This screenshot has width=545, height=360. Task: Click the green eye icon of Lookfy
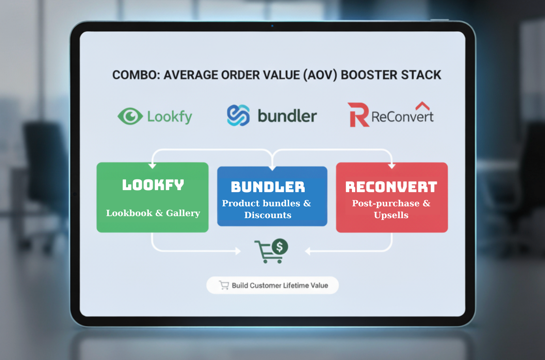point(130,116)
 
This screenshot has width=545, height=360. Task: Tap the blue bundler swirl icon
point(238,115)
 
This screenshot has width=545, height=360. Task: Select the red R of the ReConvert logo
point(358,115)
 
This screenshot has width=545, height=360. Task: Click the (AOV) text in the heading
point(320,75)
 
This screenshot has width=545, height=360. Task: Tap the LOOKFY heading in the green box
point(153,185)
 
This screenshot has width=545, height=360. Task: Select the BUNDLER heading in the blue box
point(268,187)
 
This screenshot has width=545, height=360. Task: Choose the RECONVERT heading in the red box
point(391,187)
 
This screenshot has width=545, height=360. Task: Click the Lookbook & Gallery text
point(153,213)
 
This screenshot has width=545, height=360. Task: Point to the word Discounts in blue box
point(268,215)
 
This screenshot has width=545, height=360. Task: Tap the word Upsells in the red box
point(391,215)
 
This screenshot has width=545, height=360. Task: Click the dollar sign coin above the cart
point(280,247)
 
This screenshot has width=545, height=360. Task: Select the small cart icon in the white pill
point(224,285)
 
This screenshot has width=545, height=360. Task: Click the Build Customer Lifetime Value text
point(280,285)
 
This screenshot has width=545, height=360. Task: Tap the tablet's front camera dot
point(272,26)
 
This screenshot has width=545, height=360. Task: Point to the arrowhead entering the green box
point(152,166)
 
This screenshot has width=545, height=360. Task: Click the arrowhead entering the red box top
point(392,166)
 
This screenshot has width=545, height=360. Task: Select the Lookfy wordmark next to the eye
point(170,117)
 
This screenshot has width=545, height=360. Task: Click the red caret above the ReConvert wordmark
point(422,106)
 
